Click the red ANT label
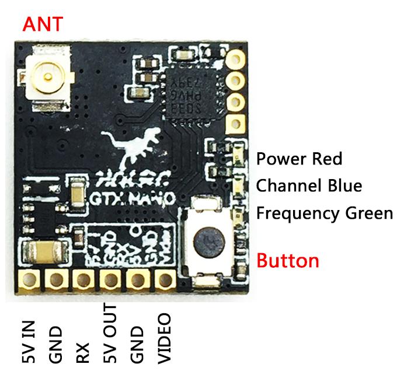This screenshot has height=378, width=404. coord(41,24)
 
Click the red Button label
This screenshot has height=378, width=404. coord(288,260)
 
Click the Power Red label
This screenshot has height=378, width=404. coord(299,159)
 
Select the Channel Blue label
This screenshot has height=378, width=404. coord(309,186)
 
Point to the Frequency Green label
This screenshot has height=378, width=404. coord(325,213)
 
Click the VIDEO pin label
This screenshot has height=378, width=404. coord(165,338)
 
